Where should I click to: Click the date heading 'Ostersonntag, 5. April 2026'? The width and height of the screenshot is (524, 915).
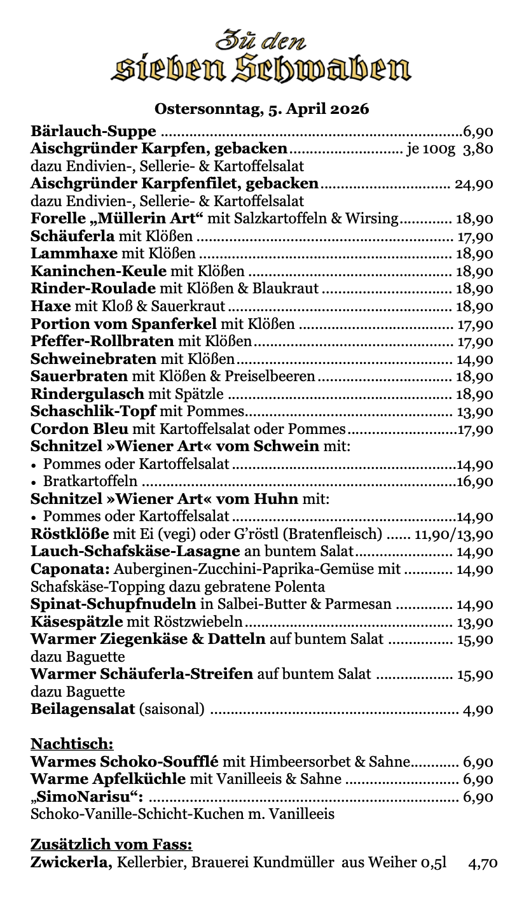261,109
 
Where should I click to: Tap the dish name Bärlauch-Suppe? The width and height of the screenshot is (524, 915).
93,132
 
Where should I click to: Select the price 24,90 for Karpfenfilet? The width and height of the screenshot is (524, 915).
474,185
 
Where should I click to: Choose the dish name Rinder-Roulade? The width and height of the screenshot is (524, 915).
93,289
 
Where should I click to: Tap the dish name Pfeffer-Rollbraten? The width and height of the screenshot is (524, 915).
102,342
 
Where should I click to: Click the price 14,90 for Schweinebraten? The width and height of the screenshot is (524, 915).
474,360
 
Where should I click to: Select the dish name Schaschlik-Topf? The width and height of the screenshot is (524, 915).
93,411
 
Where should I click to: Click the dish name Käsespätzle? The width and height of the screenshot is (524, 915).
76,622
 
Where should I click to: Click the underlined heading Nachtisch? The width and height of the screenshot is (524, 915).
72,744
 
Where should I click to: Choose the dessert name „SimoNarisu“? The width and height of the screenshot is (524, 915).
86,797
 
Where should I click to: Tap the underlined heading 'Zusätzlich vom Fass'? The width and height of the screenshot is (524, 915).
111,845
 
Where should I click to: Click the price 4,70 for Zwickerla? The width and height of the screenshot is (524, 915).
483,863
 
